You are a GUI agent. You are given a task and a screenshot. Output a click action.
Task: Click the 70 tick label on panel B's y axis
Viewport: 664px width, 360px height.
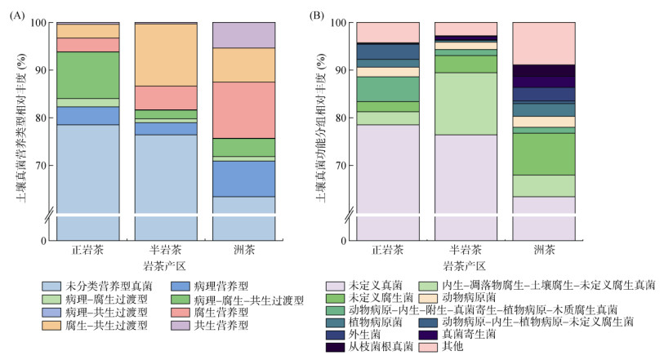pos(340,166)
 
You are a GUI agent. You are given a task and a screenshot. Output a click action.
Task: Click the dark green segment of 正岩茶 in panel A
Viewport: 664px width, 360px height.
pos(87,75)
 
